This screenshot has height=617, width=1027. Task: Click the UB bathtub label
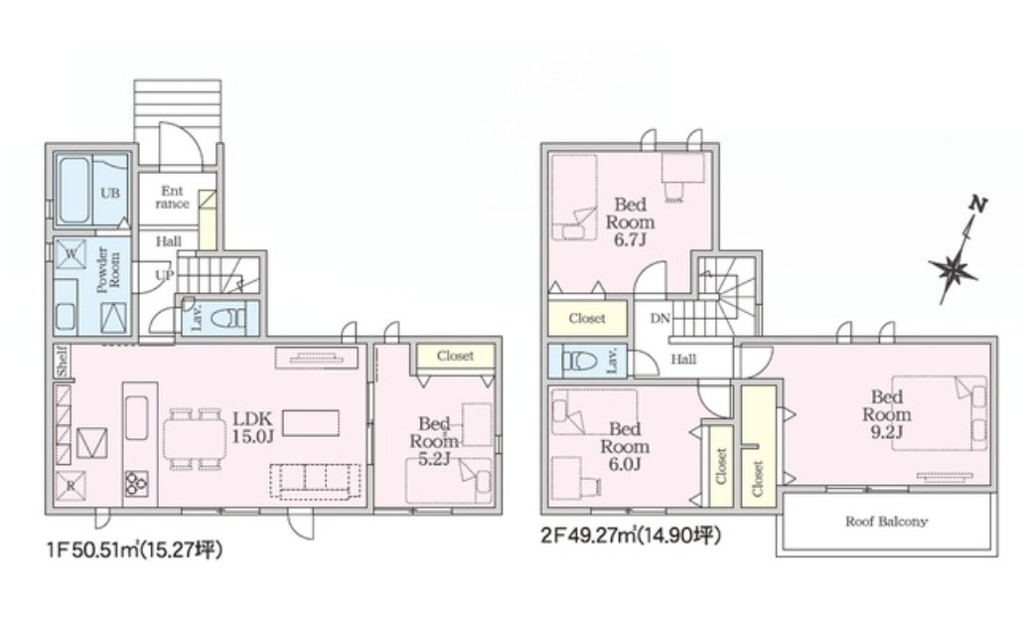110,193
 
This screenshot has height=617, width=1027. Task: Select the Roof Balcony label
886,521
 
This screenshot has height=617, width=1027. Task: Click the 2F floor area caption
631,537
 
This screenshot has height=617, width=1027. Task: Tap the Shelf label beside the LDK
62,361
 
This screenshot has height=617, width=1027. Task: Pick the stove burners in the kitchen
136,484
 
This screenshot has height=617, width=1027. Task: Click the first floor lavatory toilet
231,317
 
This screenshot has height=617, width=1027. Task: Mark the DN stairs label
660,319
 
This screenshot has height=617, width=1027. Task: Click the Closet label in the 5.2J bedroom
455,356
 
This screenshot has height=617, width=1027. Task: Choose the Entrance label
172,197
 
